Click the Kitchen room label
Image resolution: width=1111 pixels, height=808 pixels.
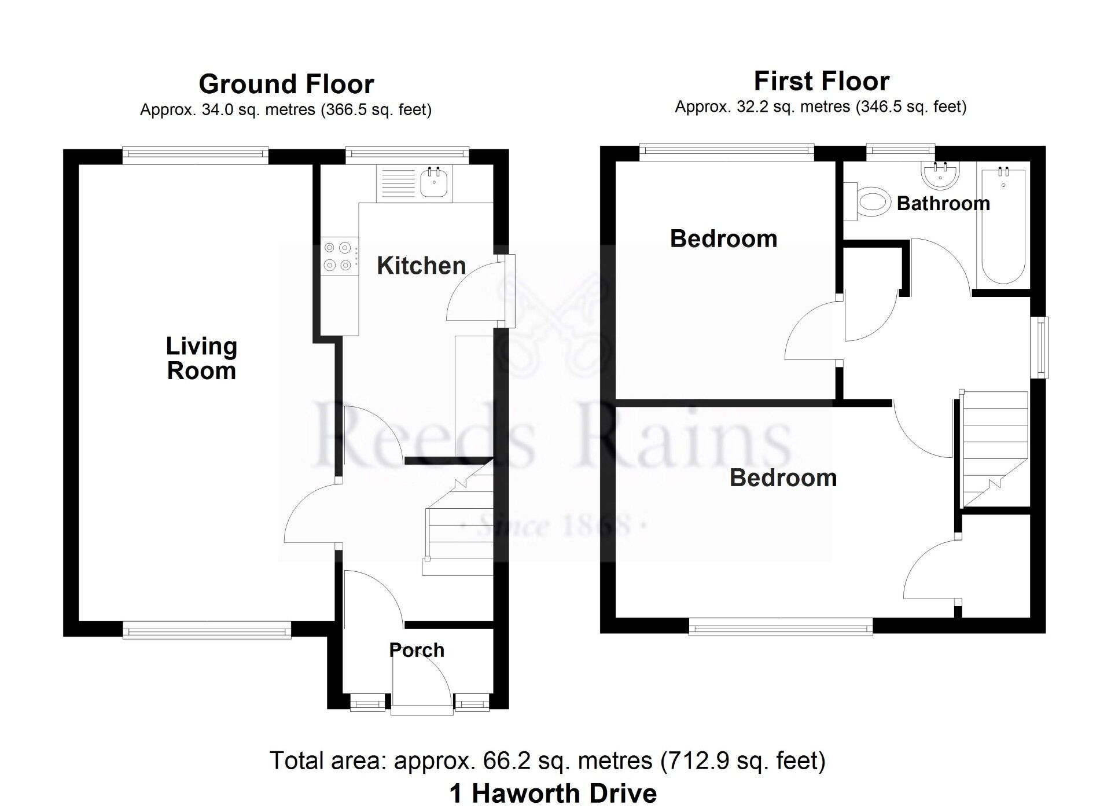click(421, 266)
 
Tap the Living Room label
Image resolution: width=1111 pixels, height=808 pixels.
click(201, 358)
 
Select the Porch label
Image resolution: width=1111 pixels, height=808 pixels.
click(417, 650)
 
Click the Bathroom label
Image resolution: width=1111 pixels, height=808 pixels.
click(943, 203)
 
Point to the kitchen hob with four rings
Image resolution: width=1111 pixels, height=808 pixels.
click(338, 256)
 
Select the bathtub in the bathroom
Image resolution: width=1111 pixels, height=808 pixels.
click(1003, 226)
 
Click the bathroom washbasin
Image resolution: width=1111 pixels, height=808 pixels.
click(940, 174)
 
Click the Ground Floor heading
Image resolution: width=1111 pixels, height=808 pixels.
click(286, 84)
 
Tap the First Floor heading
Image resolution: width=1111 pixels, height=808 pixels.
click(821, 81)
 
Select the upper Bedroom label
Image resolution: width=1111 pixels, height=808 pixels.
click(723, 238)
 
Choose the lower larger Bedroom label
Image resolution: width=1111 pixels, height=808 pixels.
click(783, 478)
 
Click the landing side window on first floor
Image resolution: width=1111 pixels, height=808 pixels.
click(1041, 347)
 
